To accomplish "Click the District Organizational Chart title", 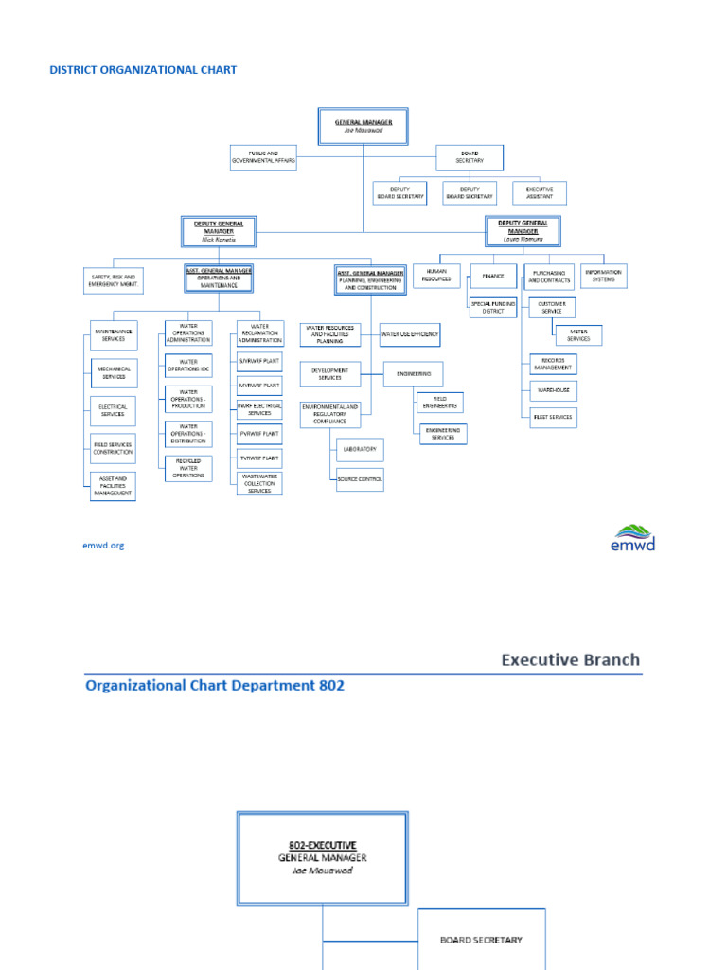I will point(143,70).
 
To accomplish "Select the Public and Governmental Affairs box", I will point(264,157).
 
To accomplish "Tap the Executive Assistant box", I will point(539,193).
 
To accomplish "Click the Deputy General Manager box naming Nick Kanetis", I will point(219,231).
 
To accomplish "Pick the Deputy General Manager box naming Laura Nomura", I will point(522,229).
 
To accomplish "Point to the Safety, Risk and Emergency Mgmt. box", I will point(113,280).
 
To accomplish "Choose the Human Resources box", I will point(436,276).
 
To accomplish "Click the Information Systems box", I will point(604,276).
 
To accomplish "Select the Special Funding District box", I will point(493,307).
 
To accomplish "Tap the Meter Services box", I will point(577,335).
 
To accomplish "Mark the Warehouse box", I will point(553,390).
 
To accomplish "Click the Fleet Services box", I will point(553,417).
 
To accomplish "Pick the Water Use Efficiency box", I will point(410,334).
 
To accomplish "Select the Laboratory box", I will point(360,449).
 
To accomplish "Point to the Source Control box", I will point(360,479).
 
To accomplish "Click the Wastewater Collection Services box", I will point(259,483).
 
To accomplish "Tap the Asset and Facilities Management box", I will point(113,487).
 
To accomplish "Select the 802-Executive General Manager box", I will point(323,856).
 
